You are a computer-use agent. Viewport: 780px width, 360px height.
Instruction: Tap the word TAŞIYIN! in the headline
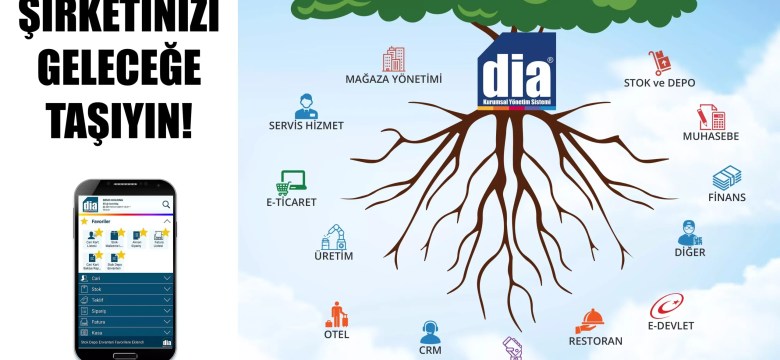tap(119, 122)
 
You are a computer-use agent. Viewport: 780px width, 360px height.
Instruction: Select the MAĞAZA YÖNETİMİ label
tap(393, 78)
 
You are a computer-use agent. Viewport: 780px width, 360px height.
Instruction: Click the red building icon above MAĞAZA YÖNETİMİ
tap(394, 58)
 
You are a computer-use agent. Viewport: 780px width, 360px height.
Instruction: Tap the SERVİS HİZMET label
tap(306, 125)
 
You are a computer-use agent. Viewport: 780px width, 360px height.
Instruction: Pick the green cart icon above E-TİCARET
tap(293, 182)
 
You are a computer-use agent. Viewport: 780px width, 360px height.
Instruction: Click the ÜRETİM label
tap(334, 256)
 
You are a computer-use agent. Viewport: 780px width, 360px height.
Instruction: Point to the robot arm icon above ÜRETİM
tap(334, 236)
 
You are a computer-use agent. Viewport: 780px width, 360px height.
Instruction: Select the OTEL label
tap(336, 335)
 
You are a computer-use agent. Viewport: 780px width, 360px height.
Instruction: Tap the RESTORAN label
tap(595, 341)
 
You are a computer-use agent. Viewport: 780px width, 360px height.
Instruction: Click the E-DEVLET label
tap(670, 325)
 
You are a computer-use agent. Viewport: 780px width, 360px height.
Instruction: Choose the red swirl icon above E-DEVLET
tap(667, 304)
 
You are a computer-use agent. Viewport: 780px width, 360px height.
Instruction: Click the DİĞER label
tap(690, 252)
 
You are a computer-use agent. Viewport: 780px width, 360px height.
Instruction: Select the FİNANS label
tap(727, 197)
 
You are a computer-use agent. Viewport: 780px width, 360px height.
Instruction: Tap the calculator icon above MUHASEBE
tap(711, 115)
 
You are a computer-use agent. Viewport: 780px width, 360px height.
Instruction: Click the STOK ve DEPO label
tap(659, 82)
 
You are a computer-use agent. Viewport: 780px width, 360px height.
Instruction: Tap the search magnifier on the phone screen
tap(166, 204)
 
